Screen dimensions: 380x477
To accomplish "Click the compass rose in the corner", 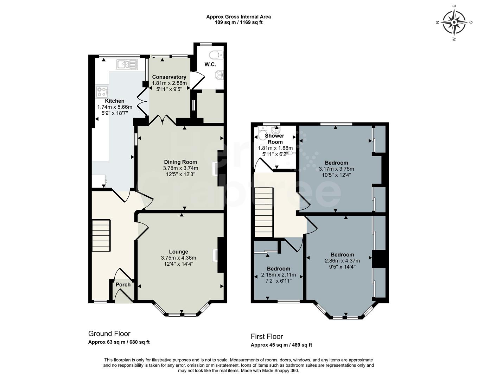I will pos(454,22).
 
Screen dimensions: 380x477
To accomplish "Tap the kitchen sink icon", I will pos(127,64).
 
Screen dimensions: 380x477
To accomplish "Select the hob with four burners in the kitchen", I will pos(102,91).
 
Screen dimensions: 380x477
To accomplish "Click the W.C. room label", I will pos(210,65).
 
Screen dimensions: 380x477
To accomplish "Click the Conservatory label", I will pos(169,77).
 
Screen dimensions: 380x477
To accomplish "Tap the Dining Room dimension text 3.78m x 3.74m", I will pos(180,168).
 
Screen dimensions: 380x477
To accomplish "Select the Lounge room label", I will pos(178,252).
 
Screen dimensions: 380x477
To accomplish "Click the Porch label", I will pos(123,285).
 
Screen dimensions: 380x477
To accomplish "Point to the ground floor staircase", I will pos(101,235).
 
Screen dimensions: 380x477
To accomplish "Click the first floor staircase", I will pos(264,212).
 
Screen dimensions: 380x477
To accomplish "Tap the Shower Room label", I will pos(274,139).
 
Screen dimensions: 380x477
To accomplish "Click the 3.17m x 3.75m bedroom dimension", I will pos(336,169).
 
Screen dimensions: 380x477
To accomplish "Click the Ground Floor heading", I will pos(109,334).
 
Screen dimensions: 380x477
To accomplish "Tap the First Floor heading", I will pos(267,336).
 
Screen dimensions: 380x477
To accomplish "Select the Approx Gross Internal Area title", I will pos(238,17).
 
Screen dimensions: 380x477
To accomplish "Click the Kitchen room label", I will pos(115,101).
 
